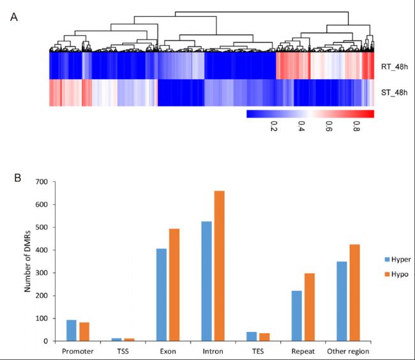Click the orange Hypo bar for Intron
[219, 266]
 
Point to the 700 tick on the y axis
[41, 182]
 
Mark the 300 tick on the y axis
[41, 273]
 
